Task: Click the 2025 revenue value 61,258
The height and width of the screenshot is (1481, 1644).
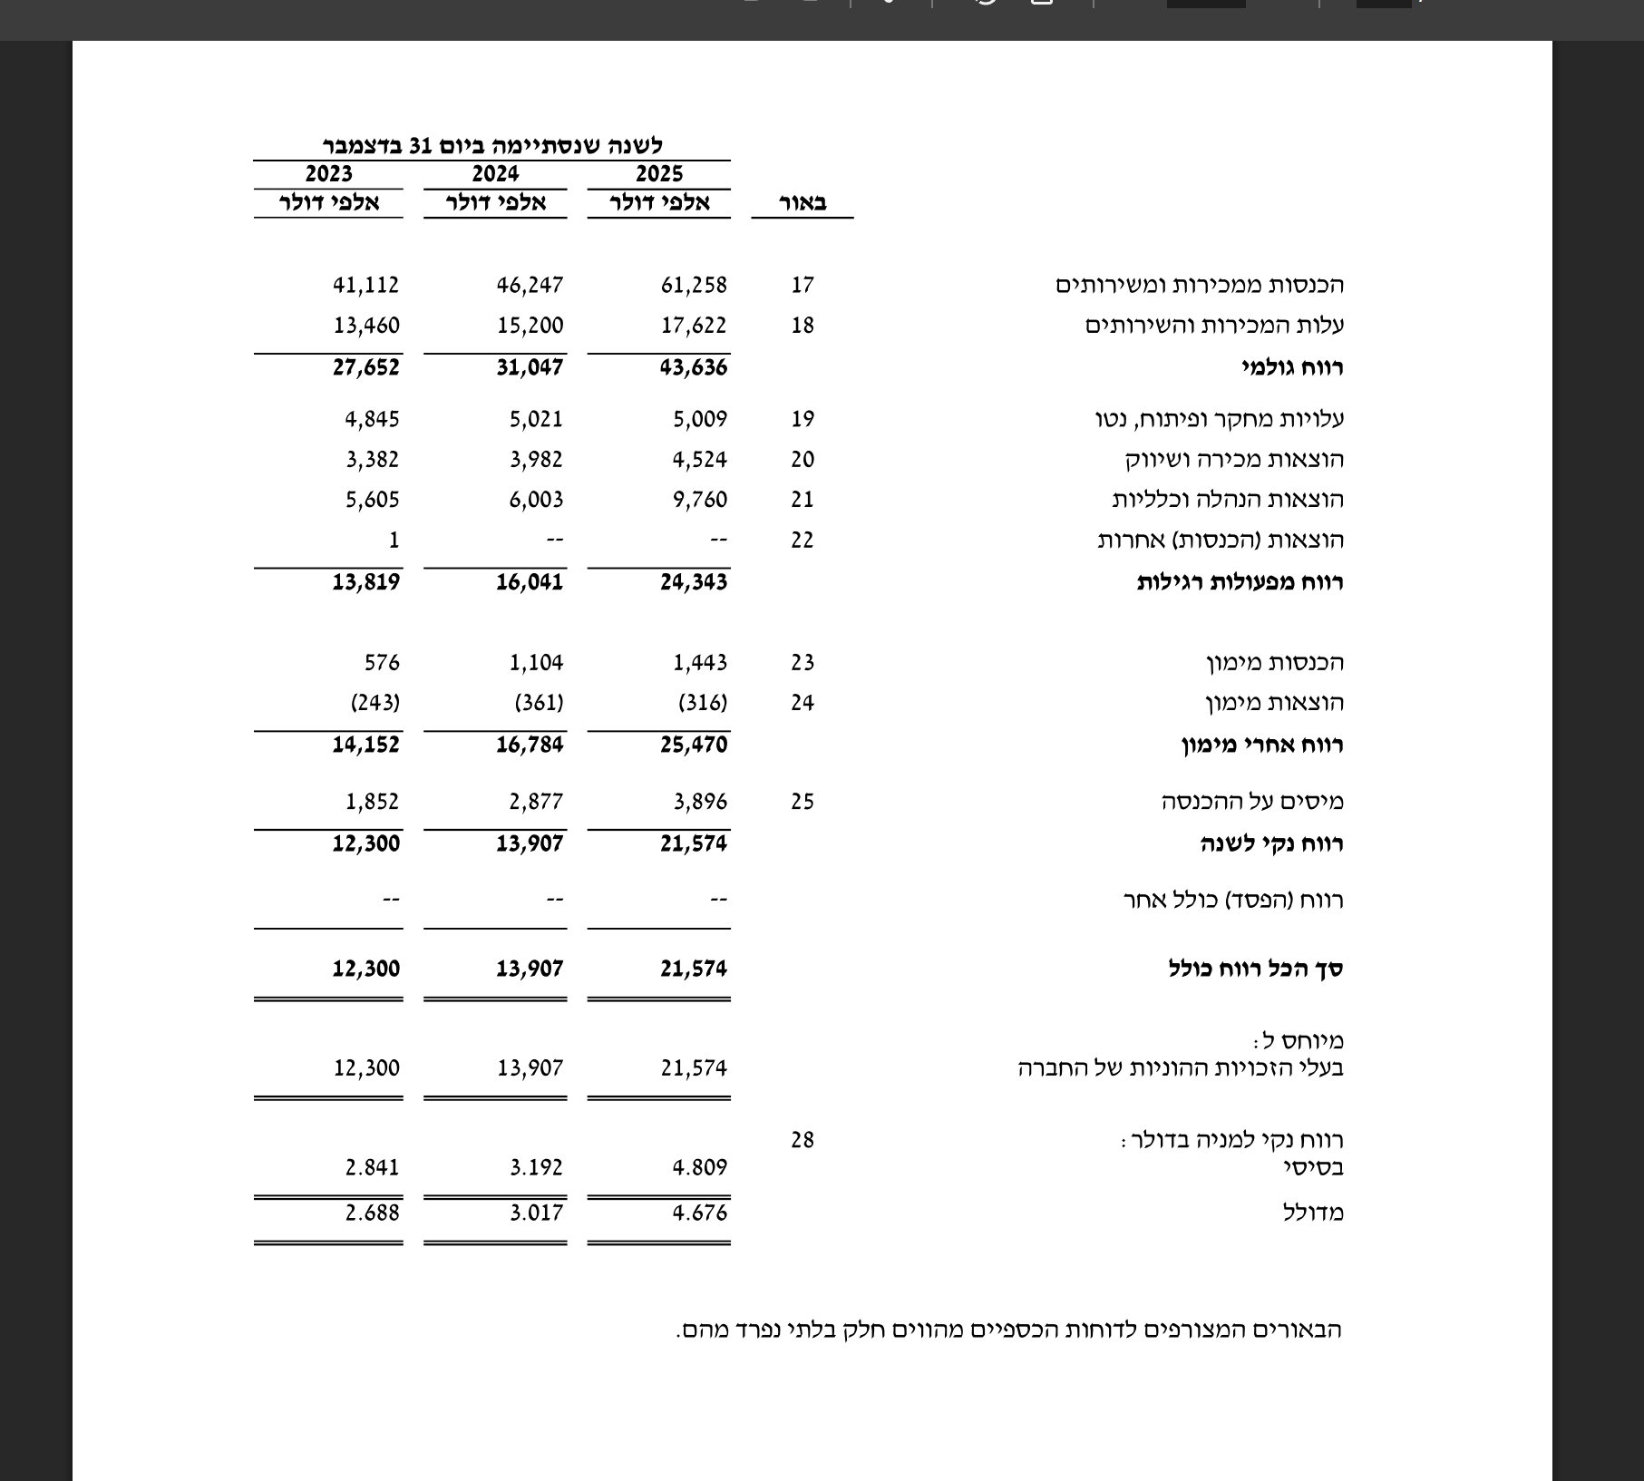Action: pyautogui.click(x=694, y=285)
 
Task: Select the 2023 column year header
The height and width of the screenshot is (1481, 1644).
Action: pyautogui.click(x=328, y=173)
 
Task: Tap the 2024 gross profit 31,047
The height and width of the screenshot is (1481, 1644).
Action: pyautogui.click(x=530, y=367)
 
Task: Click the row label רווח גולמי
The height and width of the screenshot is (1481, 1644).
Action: pyautogui.click(x=1292, y=367)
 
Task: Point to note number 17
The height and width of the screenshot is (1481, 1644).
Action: pyautogui.click(x=803, y=285)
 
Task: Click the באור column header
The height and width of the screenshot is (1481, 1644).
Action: pyautogui.click(x=803, y=203)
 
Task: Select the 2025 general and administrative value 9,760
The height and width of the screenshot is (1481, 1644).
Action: pyautogui.click(x=699, y=500)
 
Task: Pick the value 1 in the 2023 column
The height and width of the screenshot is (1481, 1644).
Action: pyautogui.click(x=394, y=540)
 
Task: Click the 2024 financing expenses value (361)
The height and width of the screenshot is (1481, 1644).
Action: pyautogui.click(x=539, y=703)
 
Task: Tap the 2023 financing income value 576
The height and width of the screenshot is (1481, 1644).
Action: pyautogui.click(x=382, y=663)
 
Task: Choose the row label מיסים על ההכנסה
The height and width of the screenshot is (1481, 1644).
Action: pyautogui.click(x=1252, y=802)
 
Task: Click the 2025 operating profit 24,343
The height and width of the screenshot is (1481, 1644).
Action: pyautogui.click(x=694, y=581)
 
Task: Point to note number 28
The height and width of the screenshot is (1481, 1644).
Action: pyautogui.click(x=803, y=1140)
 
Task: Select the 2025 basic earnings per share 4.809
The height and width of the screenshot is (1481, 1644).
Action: pyautogui.click(x=699, y=1167)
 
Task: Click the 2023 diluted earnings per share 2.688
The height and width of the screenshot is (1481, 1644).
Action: pyautogui.click(x=372, y=1213)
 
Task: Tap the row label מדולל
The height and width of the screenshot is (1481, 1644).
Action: pyautogui.click(x=1313, y=1213)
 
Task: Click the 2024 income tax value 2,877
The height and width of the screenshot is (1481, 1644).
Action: pyautogui.click(x=535, y=802)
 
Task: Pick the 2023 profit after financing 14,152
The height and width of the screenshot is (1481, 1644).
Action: pyautogui.click(x=365, y=745)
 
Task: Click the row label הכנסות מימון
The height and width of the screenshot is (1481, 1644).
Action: pyautogui.click(x=1275, y=663)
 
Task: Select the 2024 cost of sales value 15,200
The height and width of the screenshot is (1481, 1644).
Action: pyautogui.click(x=530, y=326)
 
